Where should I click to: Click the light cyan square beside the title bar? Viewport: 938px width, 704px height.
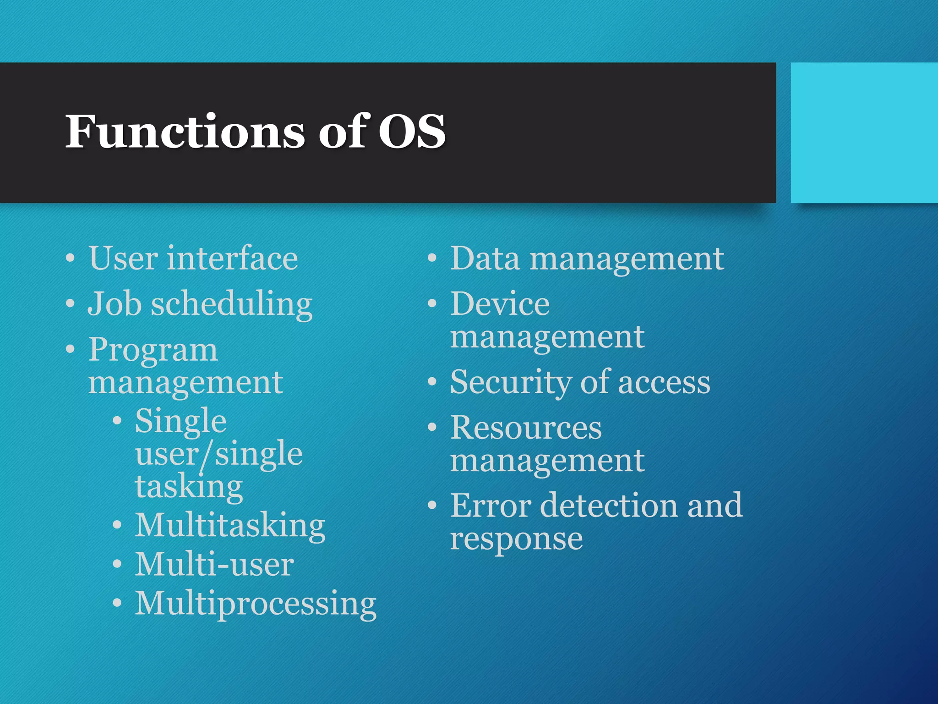point(864,133)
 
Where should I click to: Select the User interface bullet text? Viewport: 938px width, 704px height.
point(193,259)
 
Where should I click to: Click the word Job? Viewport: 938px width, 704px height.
point(115,304)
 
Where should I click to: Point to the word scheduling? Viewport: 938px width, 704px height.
point(232,305)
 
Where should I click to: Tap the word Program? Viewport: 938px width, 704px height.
point(153,351)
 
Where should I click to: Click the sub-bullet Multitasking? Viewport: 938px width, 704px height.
point(230,526)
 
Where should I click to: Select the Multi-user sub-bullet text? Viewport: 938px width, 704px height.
point(214,565)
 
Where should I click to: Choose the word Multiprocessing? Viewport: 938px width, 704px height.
point(256,605)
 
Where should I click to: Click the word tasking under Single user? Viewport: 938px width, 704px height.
point(189,487)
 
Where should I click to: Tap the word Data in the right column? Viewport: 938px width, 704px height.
point(485,259)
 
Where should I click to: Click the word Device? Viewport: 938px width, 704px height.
point(500,304)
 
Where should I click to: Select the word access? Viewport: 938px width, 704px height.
point(664,383)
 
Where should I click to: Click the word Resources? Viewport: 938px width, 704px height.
point(526,428)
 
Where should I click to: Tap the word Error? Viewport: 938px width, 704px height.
point(491,506)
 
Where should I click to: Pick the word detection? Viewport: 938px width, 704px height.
point(609,506)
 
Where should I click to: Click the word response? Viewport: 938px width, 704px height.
point(516,540)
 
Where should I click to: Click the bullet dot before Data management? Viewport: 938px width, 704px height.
point(432,259)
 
